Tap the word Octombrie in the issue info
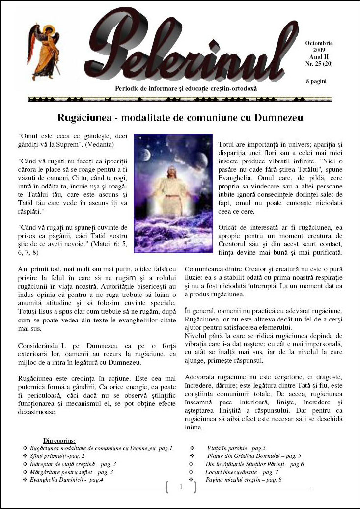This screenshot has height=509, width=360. (x=318, y=44)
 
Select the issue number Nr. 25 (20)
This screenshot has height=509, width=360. (x=318, y=63)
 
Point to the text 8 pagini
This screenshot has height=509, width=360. (x=316, y=81)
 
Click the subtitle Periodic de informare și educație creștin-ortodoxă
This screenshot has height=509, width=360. (x=185, y=88)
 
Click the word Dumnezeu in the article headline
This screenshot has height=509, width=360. (x=276, y=118)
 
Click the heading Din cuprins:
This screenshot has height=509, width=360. (x=59, y=441)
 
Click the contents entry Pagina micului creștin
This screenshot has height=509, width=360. (x=244, y=480)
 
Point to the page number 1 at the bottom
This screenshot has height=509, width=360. (x=181, y=487)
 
